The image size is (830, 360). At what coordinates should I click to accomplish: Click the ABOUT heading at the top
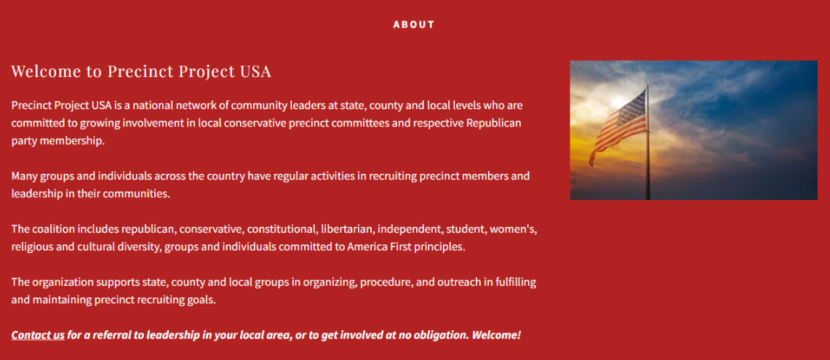coord(414,24)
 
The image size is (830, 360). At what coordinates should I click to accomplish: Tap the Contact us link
coord(38,335)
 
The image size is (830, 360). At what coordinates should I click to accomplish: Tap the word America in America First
coord(367,247)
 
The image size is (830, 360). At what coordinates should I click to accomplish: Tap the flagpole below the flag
coord(648,169)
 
